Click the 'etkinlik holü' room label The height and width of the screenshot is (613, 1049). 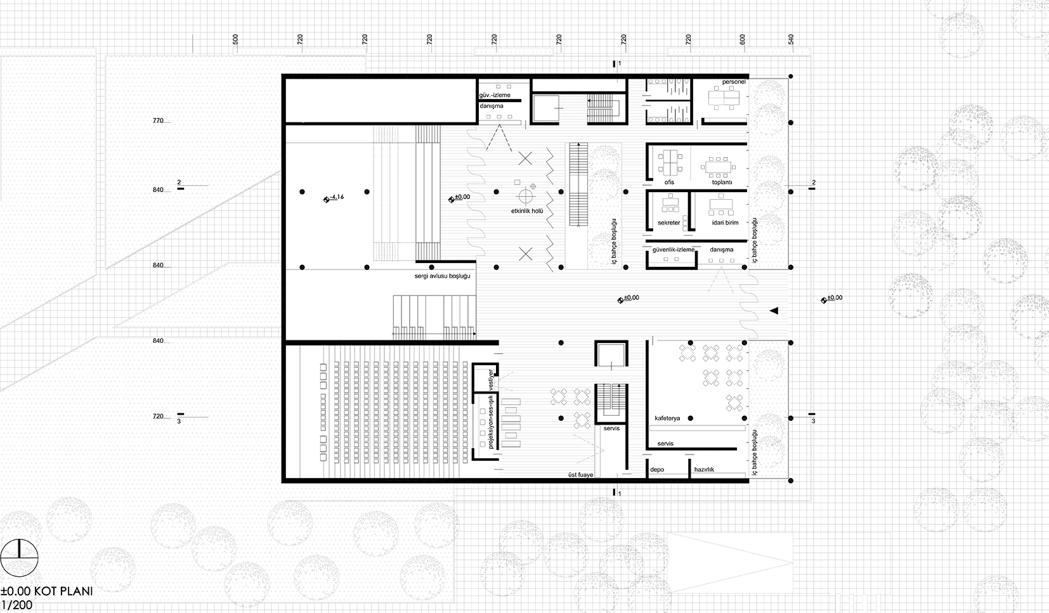coord(527,211)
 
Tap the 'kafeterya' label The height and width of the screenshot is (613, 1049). coord(667,418)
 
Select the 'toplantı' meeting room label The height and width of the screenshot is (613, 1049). coord(722,182)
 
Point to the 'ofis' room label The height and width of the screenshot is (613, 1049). coord(669,182)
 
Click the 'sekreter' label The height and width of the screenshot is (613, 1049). coord(668,223)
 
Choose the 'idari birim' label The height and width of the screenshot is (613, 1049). coord(725,223)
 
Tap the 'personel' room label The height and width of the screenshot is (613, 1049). coord(734,82)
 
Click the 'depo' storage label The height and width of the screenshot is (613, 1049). coord(657,469)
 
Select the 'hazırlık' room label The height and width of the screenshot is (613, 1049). coord(705,469)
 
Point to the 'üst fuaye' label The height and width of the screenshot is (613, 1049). coord(581,475)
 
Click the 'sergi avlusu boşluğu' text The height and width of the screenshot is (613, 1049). coord(442,276)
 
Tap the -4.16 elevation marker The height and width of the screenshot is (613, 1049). coord(334,198)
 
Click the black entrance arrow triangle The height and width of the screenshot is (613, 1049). coord(774,311)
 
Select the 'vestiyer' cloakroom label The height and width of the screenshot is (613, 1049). coord(491,380)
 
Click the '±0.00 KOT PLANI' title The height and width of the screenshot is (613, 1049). coord(47,591)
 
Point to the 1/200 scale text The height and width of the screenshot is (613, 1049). coord(17,605)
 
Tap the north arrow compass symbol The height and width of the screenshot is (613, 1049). coord(19,558)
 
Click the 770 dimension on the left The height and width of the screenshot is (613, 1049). coord(158,120)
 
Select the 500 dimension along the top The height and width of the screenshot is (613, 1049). coord(235,39)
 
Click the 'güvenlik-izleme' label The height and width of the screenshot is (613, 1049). coord(674,250)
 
